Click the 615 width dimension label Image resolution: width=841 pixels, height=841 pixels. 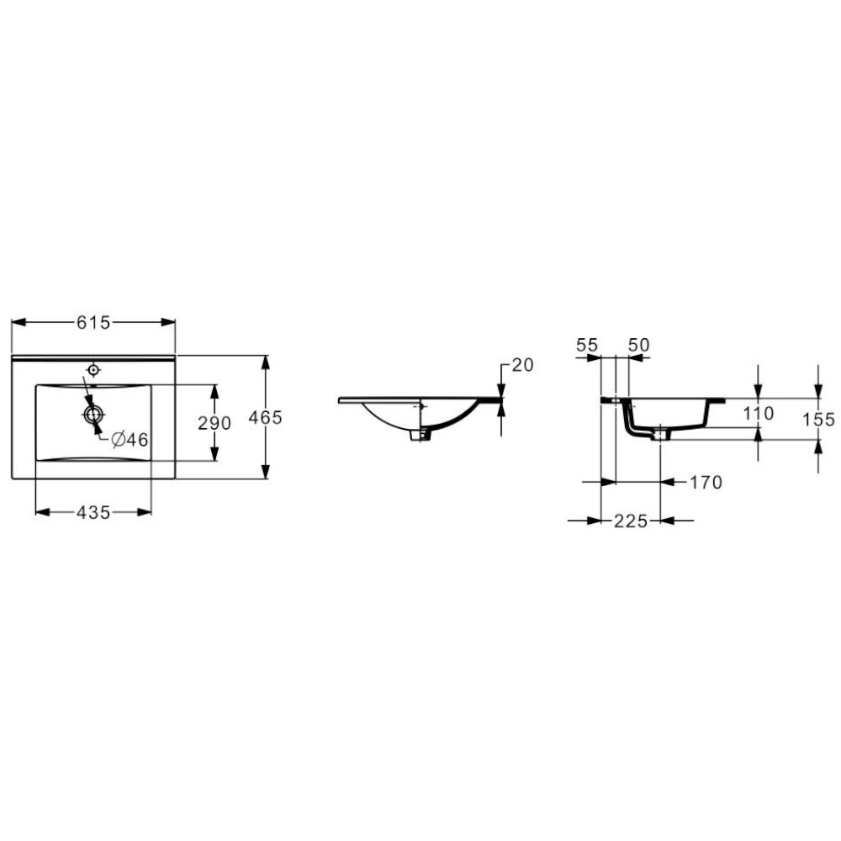[93, 322]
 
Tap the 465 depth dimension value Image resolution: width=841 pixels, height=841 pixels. [266, 417]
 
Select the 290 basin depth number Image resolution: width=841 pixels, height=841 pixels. [214, 423]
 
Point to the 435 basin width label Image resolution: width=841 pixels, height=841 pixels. [93, 513]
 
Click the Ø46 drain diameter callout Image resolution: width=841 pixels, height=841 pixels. [130, 440]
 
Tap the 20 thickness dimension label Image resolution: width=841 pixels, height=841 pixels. [523, 365]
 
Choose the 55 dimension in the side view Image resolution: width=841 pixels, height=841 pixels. [587, 346]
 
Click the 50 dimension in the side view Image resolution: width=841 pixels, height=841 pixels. [639, 345]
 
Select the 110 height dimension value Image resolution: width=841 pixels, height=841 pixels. [759, 414]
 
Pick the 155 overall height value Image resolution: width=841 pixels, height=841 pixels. [818, 420]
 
